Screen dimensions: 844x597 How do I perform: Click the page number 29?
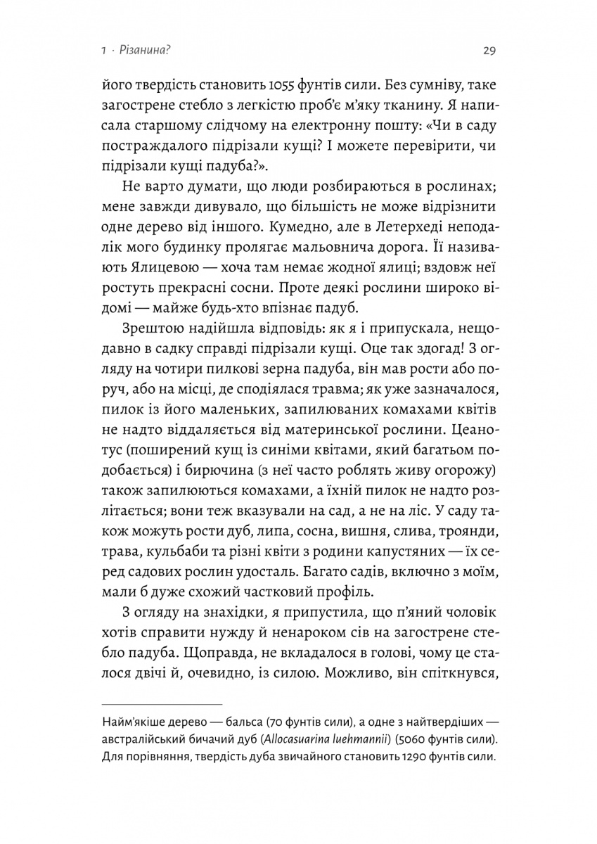pyautogui.click(x=490, y=50)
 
